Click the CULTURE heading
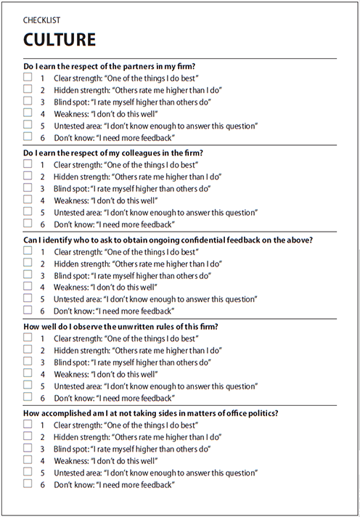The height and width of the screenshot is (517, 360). coord(60,38)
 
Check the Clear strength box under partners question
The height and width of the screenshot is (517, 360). coord(28,76)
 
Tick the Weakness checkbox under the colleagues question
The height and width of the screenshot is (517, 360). coord(28,200)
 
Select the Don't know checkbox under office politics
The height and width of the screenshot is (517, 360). coord(28,484)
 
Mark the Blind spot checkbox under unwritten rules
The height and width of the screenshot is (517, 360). coord(28,361)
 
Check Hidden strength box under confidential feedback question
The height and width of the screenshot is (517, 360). coord(28,262)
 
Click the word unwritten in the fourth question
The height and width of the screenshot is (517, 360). coord(128,326)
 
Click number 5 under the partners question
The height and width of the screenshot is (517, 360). coord(43,126)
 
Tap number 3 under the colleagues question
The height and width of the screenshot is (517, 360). coord(43,188)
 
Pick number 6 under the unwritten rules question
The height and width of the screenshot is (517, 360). coord(43,398)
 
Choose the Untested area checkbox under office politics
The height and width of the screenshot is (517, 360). coord(28,471)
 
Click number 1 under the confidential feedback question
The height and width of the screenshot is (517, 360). coord(43,251)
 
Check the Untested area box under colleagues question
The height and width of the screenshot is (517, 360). coord(28,212)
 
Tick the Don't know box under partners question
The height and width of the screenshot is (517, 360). coord(28,137)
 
